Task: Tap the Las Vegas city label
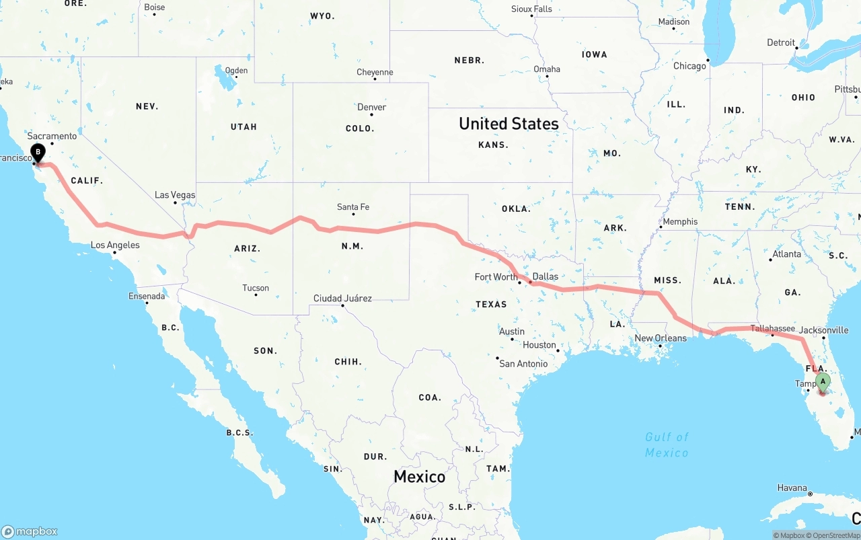[175, 195]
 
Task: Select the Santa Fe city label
[353, 207]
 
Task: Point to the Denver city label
[372, 107]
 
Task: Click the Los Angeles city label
[116, 245]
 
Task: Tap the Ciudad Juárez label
[342, 299]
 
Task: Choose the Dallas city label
[545, 276]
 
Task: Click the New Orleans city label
[661, 338]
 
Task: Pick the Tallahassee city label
[773, 328]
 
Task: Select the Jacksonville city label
[824, 330]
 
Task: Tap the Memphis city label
[680, 222]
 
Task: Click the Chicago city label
[690, 66]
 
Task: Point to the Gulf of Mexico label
[667, 445]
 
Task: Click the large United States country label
[509, 124]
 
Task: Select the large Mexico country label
[419, 477]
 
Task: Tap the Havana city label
[792, 488]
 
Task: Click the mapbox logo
[30, 531]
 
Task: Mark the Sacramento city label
[52, 137]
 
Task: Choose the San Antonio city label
[523, 364]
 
